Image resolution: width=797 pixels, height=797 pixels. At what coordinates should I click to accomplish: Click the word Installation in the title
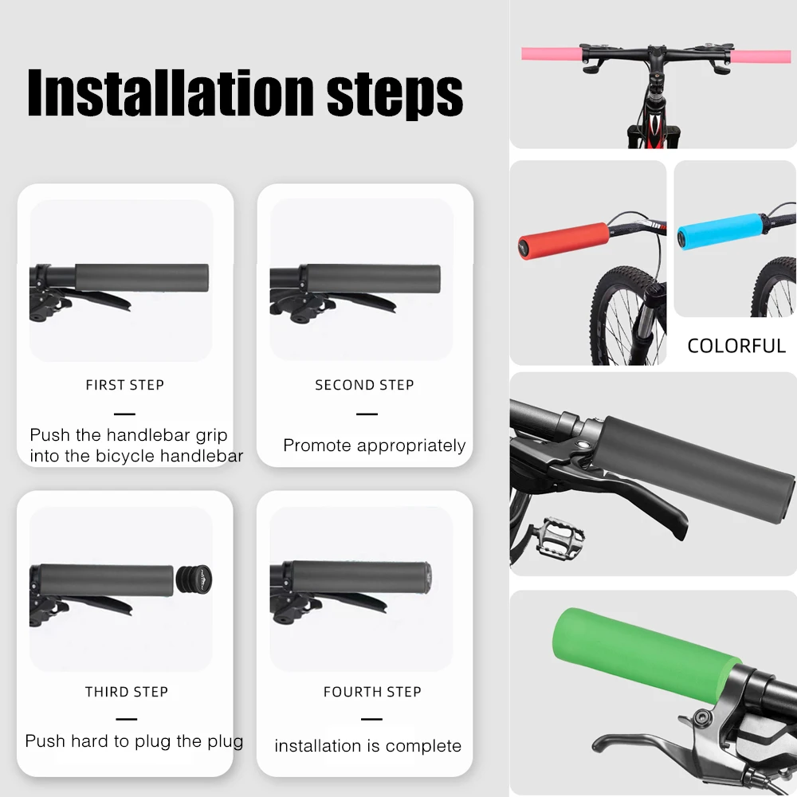[171, 92]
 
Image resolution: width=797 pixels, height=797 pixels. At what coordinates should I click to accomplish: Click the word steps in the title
[395, 95]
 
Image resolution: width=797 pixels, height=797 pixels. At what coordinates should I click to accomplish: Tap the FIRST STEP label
[125, 385]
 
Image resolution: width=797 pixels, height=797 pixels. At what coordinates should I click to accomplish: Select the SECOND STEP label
[364, 385]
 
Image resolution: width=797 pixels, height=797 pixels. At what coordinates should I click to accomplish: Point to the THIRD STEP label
[127, 691]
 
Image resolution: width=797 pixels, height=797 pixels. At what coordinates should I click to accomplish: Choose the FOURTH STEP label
[372, 691]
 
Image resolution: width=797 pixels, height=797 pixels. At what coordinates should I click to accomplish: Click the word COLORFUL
[736, 346]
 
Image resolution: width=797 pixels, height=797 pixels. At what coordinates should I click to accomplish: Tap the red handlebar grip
[563, 240]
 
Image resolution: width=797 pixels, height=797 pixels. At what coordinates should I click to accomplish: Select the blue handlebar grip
[720, 231]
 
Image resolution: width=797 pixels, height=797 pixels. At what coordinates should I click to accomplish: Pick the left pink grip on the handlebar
[551, 53]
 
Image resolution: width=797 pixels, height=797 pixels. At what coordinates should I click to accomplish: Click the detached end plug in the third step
[194, 579]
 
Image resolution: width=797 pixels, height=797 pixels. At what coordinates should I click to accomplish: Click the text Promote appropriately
[374, 446]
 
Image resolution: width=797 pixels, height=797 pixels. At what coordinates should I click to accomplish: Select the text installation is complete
[368, 746]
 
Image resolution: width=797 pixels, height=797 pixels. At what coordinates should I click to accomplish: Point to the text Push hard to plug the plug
[134, 741]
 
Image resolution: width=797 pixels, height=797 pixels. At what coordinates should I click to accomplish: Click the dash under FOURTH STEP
[371, 719]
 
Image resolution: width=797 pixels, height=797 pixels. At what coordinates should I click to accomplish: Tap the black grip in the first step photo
[142, 277]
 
